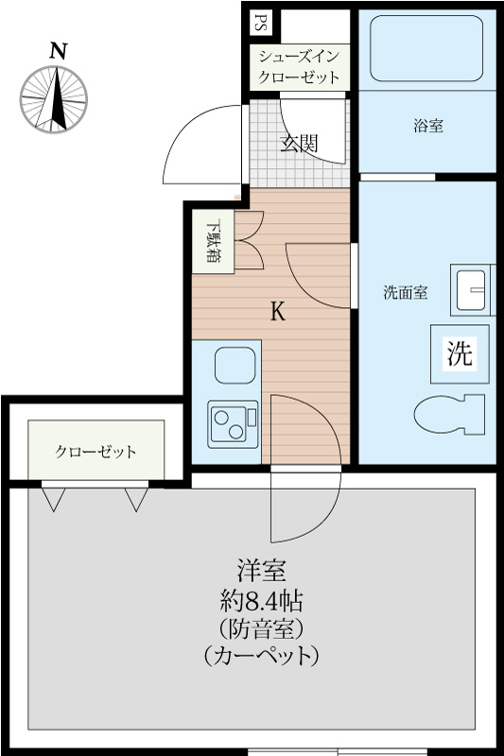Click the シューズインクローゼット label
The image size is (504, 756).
pos(300,66)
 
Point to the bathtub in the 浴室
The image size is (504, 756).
pos(427,49)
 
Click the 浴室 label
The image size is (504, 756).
pos(427,126)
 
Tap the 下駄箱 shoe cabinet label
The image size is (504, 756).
pos(214,243)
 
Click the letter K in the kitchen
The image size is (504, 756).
pos(278,312)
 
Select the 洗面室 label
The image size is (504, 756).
pos(405,293)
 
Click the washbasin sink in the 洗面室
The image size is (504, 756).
pos(470,291)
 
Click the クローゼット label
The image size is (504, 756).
pos(96,451)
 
